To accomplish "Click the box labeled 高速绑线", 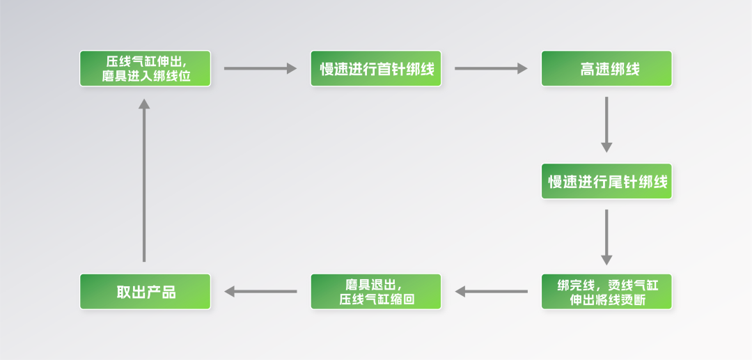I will coord(606,69).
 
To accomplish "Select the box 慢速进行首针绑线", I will coord(376,69).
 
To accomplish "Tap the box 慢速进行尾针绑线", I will coord(606,182).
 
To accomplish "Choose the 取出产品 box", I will coord(145,292).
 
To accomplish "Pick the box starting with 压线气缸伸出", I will coord(145,69).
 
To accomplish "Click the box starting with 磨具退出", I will coord(376,292).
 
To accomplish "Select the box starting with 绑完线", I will coord(606,292).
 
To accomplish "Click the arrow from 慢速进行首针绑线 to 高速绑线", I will coord(491,68).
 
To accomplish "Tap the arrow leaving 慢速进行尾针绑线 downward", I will coord(606,237).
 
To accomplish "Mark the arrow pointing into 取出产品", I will coord(260,292).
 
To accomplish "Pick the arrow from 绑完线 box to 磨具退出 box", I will coord(491,292).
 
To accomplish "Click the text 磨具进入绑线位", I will coord(145,77).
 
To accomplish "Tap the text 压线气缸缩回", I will coord(376,299).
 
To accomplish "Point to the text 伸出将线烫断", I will coord(606,299).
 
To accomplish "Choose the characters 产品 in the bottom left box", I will coord(161,292).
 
